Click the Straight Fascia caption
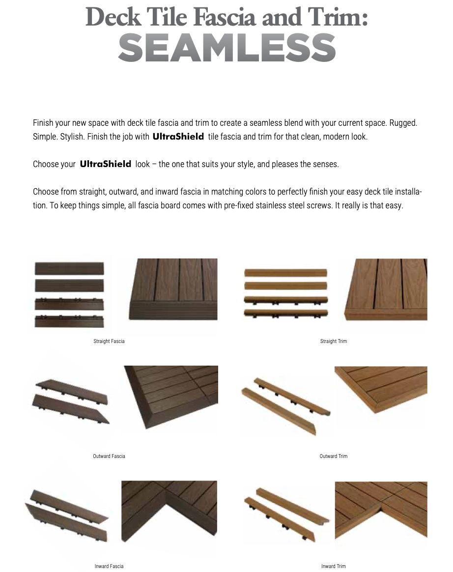(109, 341)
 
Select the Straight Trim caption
(333, 341)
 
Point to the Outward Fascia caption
(109, 456)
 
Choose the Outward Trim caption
(333, 456)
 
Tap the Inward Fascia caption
(109, 566)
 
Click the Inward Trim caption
(333, 566)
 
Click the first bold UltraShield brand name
(178, 137)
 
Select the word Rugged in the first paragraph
(403, 123)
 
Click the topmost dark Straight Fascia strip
(69, 268)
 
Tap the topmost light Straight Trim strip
(285, 272)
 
